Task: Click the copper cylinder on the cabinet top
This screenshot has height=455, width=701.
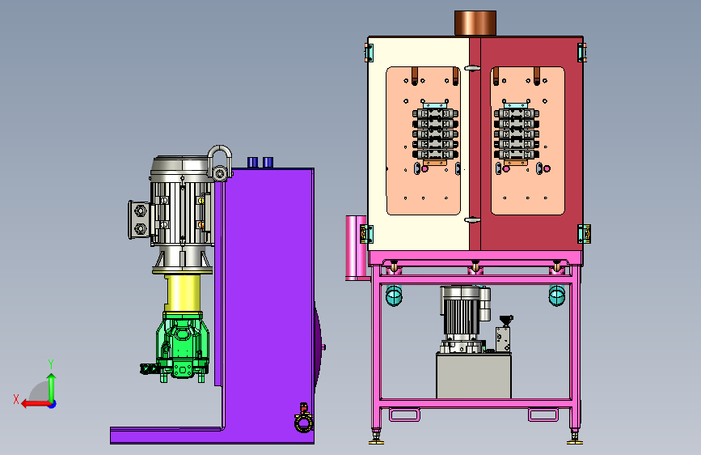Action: pyautogui.click(x=475, y=23)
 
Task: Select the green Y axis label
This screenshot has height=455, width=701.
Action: pyautogui.click(x=51, y=364)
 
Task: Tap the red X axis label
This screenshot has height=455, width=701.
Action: pyautogui.click(x=16, y=399)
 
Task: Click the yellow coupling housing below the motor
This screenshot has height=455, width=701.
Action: pyautogui.click(x=182, y=293)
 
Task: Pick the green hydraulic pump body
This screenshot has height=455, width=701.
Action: pyautogui.click(x=183, y=346)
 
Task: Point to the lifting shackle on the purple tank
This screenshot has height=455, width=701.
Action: pyautogui.click(x=220, y=163)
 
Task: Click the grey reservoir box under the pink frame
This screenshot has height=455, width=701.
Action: pyautogui.click(x=474, y=376)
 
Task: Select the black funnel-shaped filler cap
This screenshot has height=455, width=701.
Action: pyautogui.click(x=506, y=321)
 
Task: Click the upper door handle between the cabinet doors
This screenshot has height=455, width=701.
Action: pyautogui.click(x=472, y=68)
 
